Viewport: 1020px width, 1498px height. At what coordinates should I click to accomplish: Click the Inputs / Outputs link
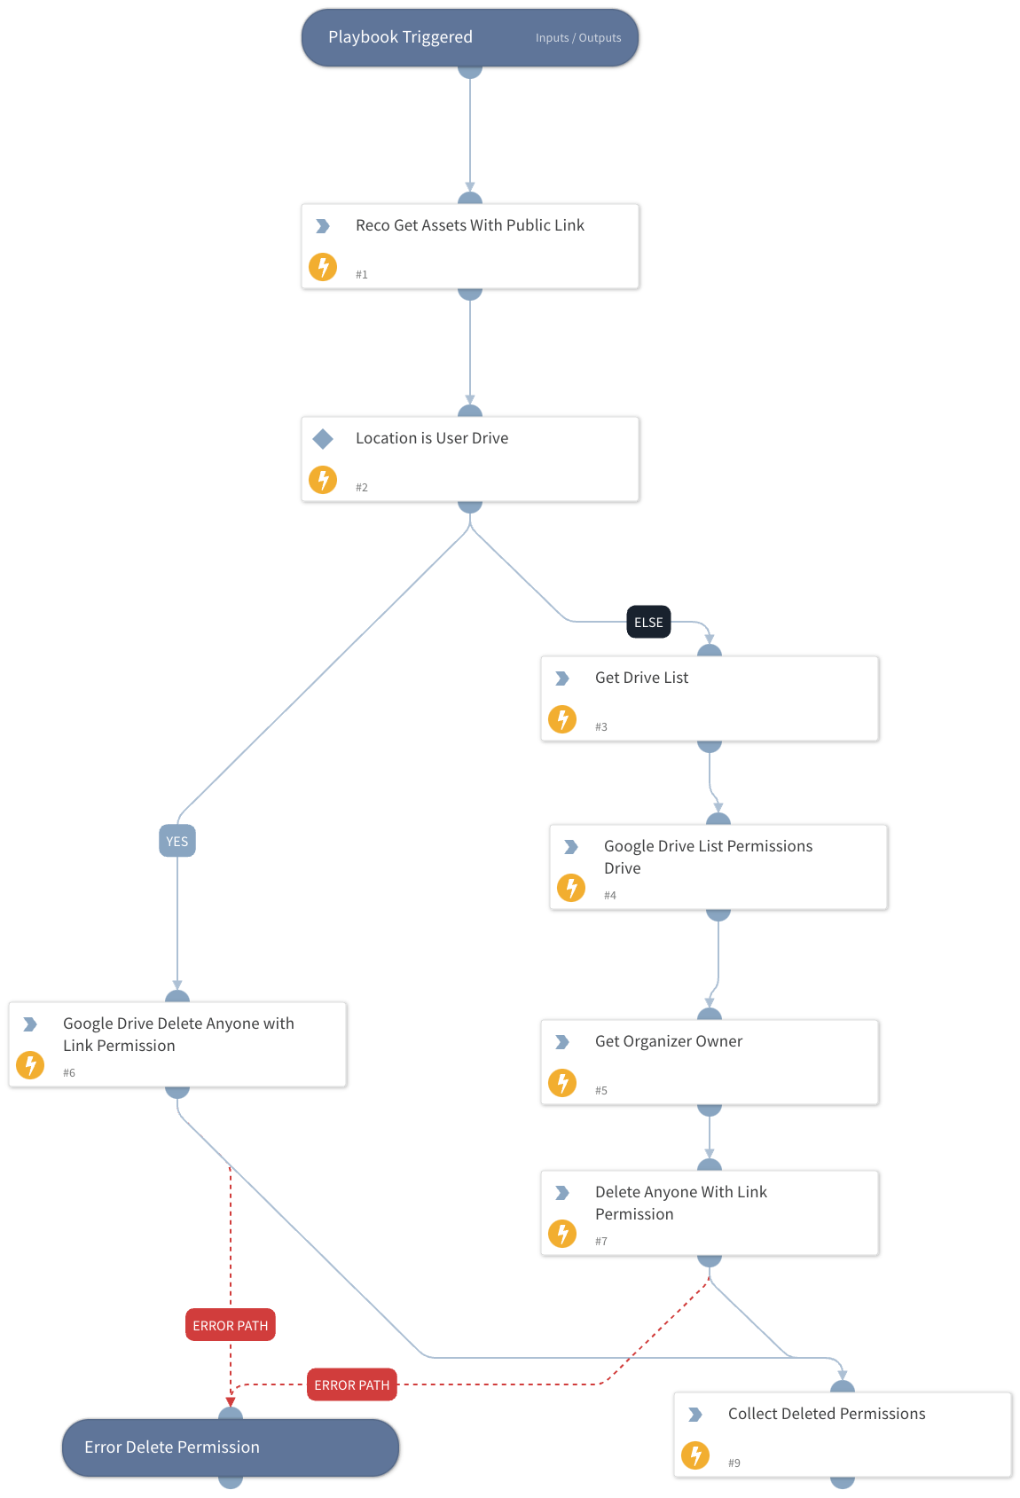pyautogui.click(x=577, y=38)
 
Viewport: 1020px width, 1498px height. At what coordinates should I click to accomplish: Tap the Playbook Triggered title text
pyautogui.click(x=400, y=37)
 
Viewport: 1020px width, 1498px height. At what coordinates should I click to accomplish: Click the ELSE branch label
pyautogui.click(x=648, y=623)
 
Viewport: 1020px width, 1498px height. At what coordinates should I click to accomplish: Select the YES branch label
pyautogui.click(x=177, y=842)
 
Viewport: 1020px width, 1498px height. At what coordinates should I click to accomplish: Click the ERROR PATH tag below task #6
pyautogui.click(x=231, y=1326)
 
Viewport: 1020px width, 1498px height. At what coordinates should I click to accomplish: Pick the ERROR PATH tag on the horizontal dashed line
pyautogui.click(x=351, y=1385)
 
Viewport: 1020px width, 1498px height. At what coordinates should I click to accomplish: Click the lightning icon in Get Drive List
pyautogui.click(x=562, y=719)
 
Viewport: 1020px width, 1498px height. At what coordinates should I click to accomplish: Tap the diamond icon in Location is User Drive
pyautogui.click(x=323, y=438)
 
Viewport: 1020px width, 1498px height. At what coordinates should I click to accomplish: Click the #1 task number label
pyautogui.click(x=362, y=275)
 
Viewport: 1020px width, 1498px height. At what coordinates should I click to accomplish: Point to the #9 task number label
pyautogui.click(x=734, y=1463)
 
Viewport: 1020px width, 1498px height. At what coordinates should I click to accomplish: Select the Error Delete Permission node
pyautogui.click(x=231, y=1447)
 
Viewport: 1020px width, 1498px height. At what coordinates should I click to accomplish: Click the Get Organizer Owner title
pyautogui.click(x=669, y=1041)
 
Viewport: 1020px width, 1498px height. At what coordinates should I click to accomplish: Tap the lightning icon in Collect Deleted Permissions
pyautogui.click(x=695, y=1455)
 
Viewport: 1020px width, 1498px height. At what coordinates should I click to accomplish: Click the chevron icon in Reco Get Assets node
pyautogui.click(x=323, y=226)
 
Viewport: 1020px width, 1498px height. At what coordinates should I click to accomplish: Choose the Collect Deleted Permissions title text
pyautogui.click(x=827, y=1414)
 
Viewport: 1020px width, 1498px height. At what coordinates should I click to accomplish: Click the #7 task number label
pyautogui.click(x=601, y=1242)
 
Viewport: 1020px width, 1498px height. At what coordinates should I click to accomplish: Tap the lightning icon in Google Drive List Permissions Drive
pyautogui.click(x=571, y=888)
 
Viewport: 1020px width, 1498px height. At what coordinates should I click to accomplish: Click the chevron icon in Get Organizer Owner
pyautogui.click(x=562, y=1042)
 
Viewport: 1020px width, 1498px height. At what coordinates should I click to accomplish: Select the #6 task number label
pyautogui.click(x=69, y=1073)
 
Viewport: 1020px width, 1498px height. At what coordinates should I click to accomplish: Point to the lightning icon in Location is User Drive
pyautogui.click(x=323, y=480)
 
